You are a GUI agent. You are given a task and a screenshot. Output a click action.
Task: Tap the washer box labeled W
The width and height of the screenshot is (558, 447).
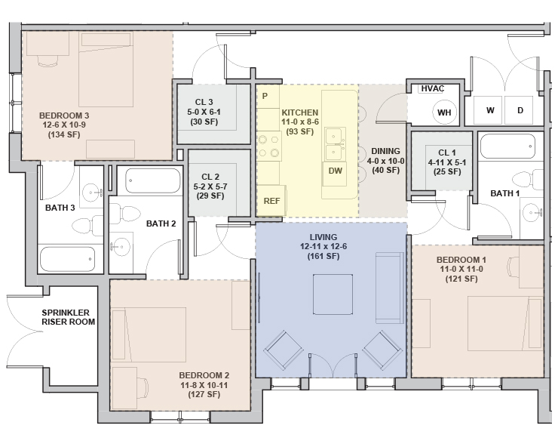coord(489,110)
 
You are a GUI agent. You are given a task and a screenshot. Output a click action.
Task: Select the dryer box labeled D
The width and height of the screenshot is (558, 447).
coord(520,110)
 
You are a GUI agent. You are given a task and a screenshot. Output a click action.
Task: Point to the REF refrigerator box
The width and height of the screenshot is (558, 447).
coord(271,200)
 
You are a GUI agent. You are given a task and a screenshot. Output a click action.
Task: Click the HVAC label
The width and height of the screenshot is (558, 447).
coord(432,88)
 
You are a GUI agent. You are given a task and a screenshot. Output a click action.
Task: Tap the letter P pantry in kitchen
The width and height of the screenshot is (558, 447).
coord(265,97)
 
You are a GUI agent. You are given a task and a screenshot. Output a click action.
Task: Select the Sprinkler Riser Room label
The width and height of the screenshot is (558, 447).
coord(68,316)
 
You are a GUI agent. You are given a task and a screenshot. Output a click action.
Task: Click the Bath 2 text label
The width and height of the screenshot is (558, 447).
coord(161,223)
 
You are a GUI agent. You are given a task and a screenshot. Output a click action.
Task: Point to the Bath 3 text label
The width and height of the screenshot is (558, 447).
coord(60,208)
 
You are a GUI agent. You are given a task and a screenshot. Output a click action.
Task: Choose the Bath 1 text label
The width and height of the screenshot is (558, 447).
coord(504,193)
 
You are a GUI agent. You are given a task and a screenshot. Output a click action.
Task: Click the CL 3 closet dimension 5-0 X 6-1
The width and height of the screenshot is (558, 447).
coord(201,112)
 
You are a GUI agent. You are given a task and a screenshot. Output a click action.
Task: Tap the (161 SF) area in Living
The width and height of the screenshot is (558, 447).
coord(322,257)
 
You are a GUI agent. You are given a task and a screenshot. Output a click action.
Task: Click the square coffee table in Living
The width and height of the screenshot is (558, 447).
coord(333,294)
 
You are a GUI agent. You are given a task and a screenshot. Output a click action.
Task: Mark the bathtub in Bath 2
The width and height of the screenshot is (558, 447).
coord(152,181)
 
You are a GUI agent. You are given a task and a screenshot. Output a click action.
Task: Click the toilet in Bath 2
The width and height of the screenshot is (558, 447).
coord(130,215)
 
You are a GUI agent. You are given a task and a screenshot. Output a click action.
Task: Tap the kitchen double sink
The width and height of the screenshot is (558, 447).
coord(335,143)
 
